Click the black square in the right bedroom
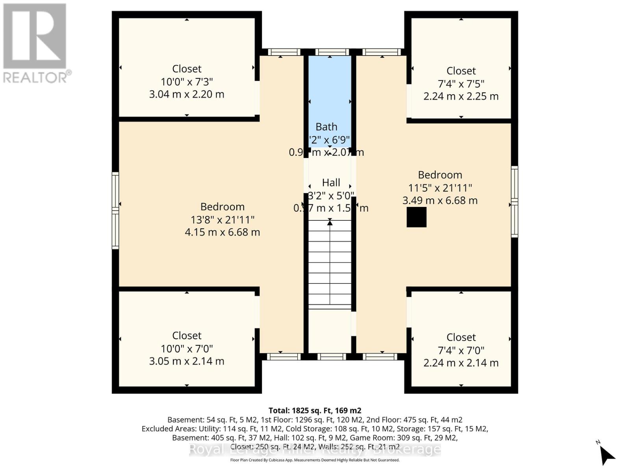[x=416, y=217]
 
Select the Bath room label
[x=326, y=127]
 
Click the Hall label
[x=331, y=183]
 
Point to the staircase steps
[x=330, y=264]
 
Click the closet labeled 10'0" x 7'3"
[x=187, y=82]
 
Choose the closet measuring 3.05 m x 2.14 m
[x=187, y=348]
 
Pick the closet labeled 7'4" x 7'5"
[x=461, y=84]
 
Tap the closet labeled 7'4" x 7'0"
[x=461, y=350]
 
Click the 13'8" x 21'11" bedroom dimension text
[x=222, y=220]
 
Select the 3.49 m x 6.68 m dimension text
[x=440, y=201]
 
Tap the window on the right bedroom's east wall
[x=514, y=202]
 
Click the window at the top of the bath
[x=332, y=52]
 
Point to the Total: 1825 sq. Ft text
[x=314, y=410]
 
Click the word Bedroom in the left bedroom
[x=222, y=207]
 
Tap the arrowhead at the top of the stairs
[x=330, y=223]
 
